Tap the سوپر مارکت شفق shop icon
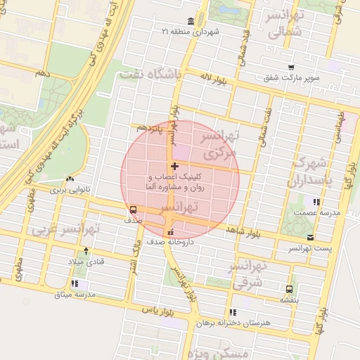click(x=290, y=67)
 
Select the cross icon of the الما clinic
click(x=174, y=166)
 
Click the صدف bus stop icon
click(x=133, y=210)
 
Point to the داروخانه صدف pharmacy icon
click(x=170, y=233)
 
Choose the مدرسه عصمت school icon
click(x=316, y=202)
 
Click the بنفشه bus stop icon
click(x=290, y=289)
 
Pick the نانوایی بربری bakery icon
click(x=70, y=179)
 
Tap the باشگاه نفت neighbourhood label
click(x=150, y=73)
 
